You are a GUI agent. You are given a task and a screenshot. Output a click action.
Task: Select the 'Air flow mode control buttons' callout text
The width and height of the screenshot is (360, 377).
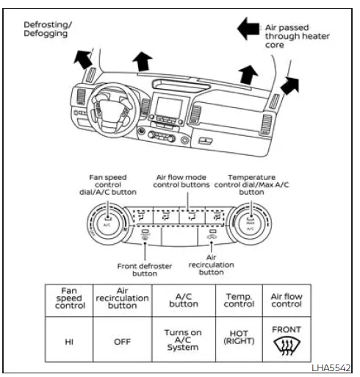pyautogui.click(x=181, y=181)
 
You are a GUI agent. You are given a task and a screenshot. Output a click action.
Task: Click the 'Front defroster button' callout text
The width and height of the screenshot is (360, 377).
pyautogui.click(x=145, y=268)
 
